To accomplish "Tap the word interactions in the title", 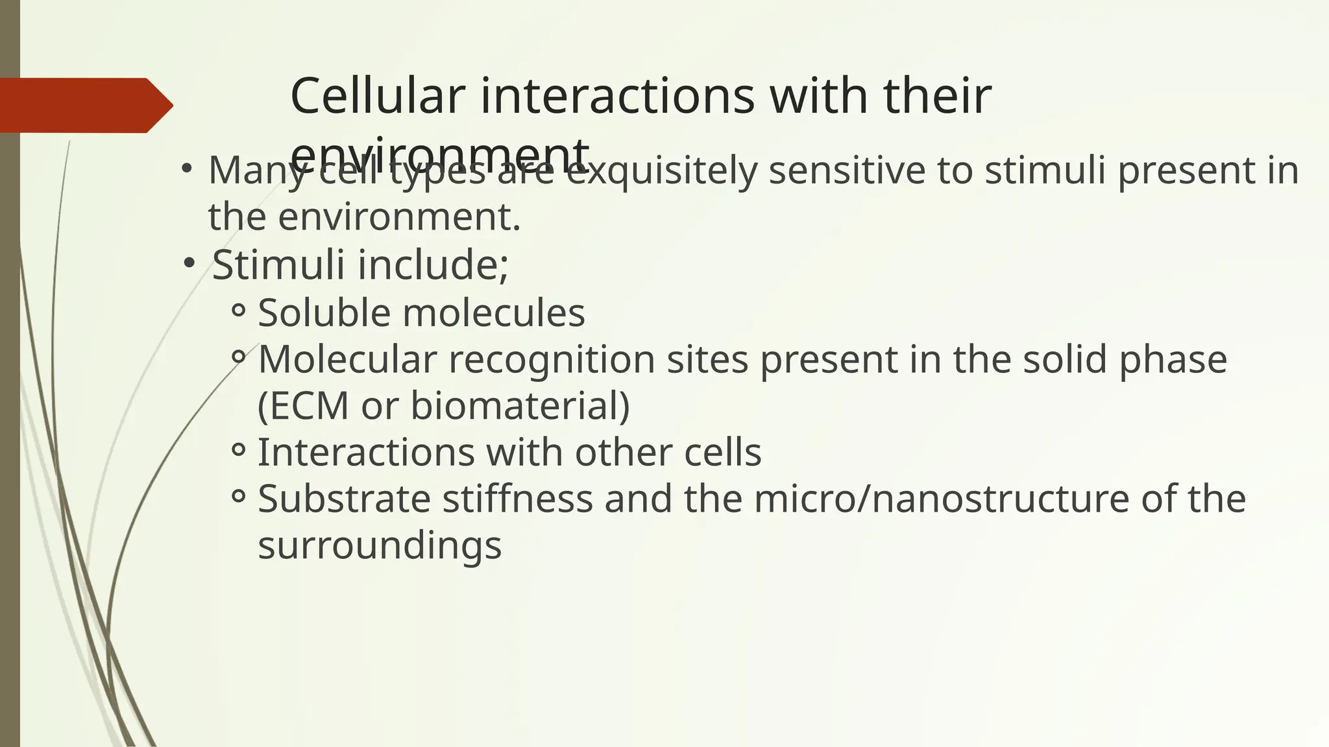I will (617, 96).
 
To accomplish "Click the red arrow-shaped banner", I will (84, 105).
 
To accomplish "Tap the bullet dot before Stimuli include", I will (189, 263).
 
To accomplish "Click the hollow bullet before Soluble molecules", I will (238, 311).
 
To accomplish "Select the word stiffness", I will (517, 499).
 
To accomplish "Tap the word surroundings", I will (380, 545).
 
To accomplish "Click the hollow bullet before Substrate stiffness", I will (238, 497).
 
